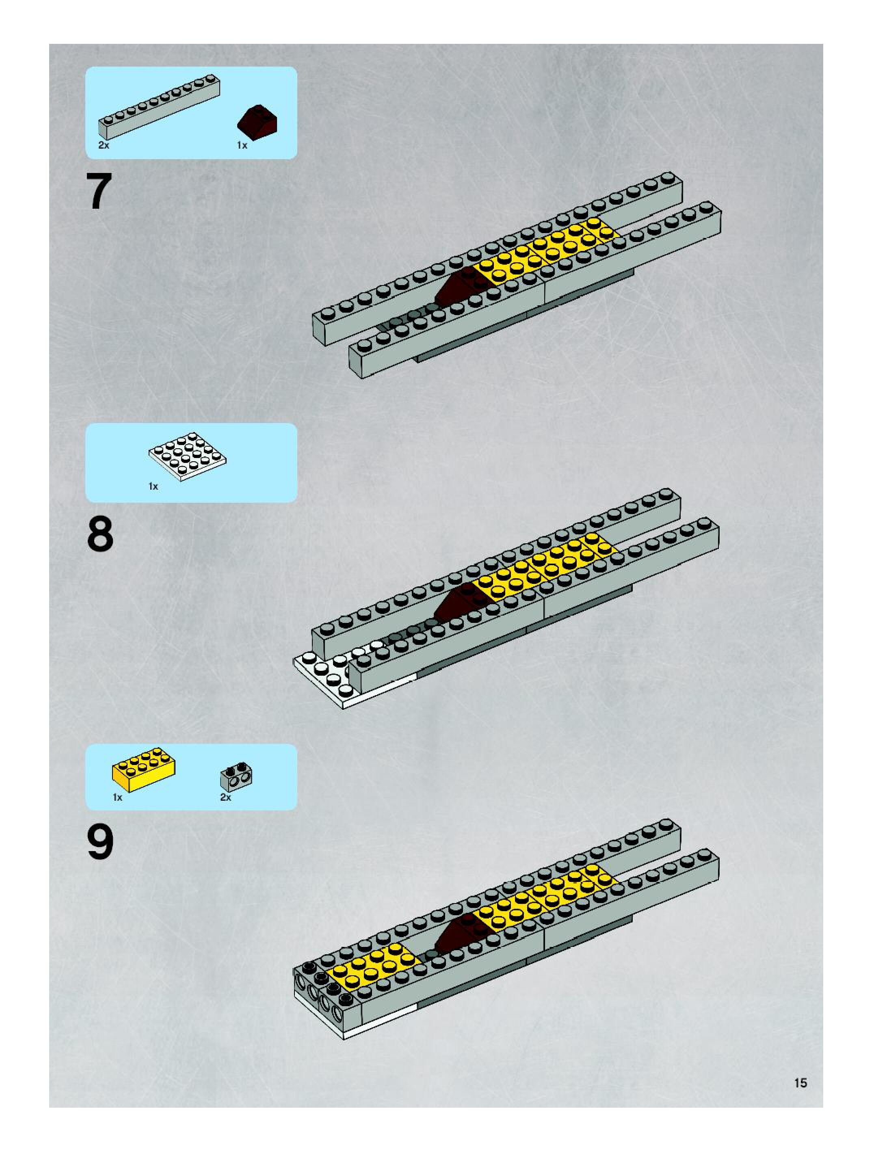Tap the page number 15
coord(800,1083)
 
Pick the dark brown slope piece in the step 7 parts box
coord(257,123)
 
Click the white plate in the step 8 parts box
coord(187,456)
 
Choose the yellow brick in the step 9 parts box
coord(143,769)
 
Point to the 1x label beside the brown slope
coord(242,145)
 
